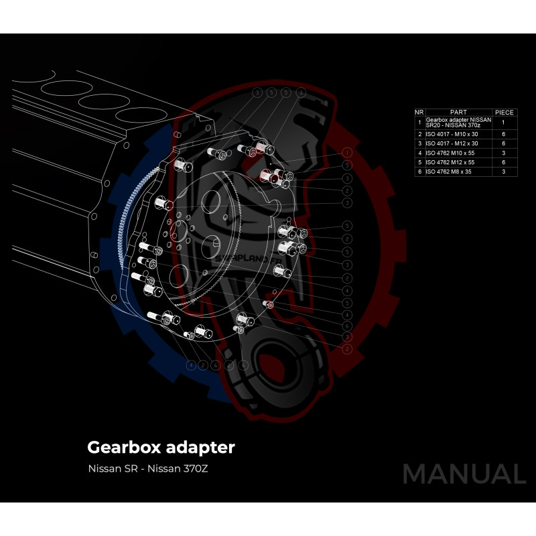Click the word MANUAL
(x=464, y=474)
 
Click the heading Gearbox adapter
(x=161, y=446)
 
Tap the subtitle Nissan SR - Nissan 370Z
(x=148, y=468)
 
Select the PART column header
(x=458, y=113)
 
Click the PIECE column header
(x=504, y=113)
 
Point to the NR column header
(x=419, y=113)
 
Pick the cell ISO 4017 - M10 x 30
(x=452, y=134)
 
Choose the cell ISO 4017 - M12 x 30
(x=452, y=143)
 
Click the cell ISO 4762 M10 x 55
(x=452, y=153)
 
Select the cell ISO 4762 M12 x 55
(x=452, y=162)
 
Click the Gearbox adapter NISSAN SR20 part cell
(x=458, y=123)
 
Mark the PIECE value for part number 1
(x=504, y=123)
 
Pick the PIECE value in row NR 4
(x=504, y=153)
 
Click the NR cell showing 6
(x=419, y=172)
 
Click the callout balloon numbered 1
(x=347, y=153)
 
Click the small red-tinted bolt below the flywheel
(x=271, y=305)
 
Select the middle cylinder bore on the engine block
(x=103, y=102)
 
